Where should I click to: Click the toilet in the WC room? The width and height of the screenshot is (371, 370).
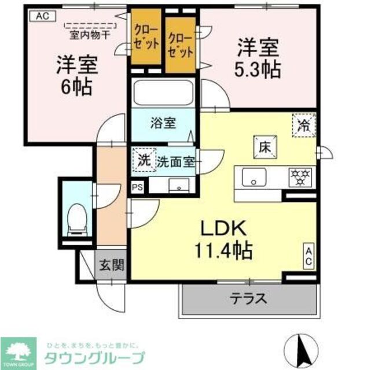(x=76, y=220)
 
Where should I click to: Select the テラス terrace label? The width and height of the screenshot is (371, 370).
(x=249, y=298)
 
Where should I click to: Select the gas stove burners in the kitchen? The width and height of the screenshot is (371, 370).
(x=300, y=175)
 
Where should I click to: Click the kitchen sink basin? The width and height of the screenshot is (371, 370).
(x=254, y=176)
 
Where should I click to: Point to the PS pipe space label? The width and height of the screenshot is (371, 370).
(x=137, y=186)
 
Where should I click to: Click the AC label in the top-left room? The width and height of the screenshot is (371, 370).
(x=41, y=16)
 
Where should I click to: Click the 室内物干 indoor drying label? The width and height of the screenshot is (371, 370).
(x=91, y=34)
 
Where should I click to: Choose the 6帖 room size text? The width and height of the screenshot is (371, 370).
(x=76, y=87)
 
